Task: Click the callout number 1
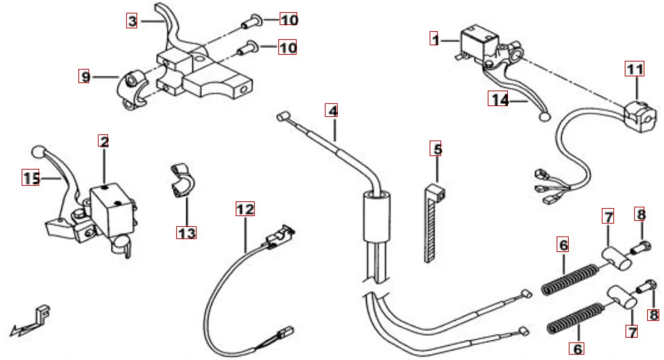[x=436, y=39]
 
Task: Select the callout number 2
[x=103, y=142]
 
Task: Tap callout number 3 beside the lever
[x=132, y=21]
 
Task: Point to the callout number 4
[x=331, y=109]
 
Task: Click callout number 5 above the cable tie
[x=436, y=149]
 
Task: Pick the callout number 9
[x=84, y=76]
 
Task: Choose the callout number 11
[x=634, y=69]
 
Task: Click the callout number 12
[x=245, y=209]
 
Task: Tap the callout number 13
[x=186, y=233]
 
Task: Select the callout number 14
[x=499, y=100]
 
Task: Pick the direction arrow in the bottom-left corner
[x=30, y=322]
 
